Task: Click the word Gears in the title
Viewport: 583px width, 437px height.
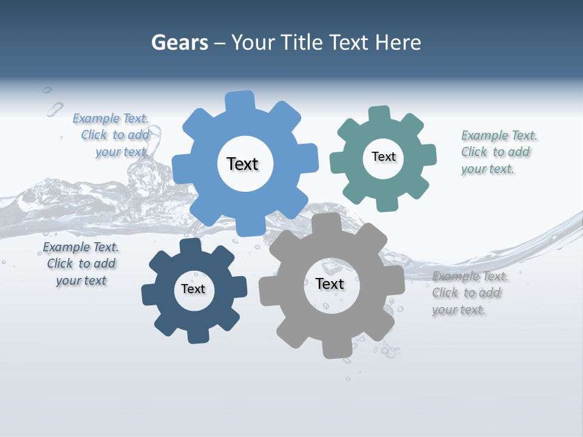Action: click(x=179, y=42)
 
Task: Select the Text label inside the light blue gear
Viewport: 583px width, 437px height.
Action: click(x=242, y=164)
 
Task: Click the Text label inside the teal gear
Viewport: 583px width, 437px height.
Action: click(x=383, y=157)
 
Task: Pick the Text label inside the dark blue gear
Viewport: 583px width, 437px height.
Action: click(x=193, y=289)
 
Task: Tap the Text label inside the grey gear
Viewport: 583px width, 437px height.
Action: click(x=329, y=283)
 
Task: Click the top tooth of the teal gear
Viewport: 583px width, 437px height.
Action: click(x=380, y=113)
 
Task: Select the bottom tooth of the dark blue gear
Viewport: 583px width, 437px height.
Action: click(x=197, y=335)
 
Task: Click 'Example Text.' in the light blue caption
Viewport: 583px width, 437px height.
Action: click(x=111, y=118)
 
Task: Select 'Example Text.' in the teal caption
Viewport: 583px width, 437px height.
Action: click(x=499, y=135)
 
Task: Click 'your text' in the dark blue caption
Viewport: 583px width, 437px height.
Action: click(x=81, y=280)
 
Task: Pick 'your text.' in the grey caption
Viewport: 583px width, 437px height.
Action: click(x=459, y=310)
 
